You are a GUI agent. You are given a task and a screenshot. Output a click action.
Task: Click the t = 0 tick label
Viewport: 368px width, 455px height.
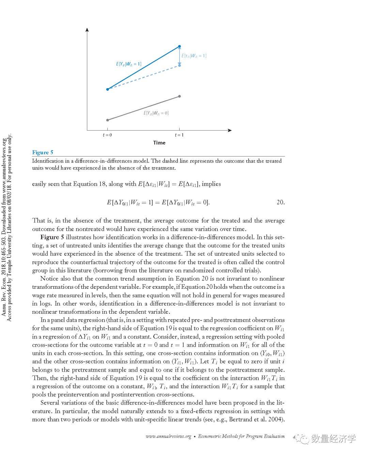click(107, 135)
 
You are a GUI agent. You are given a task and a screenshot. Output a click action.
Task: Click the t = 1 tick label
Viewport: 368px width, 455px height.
click(179, 135)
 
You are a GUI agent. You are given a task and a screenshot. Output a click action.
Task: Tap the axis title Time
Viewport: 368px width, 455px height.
click(159, 143)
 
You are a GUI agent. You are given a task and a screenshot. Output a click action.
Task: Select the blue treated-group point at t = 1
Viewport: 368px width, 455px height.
click(180, 46)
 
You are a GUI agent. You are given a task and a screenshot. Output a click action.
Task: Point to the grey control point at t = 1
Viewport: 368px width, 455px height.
click(180, 96)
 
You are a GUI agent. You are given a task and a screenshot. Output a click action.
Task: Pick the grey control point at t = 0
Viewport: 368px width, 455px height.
click(108, 120)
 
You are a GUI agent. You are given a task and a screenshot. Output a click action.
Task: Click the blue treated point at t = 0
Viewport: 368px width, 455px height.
click(108, 89)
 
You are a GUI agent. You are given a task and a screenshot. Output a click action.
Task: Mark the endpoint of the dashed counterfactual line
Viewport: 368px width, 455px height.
click(180, 65)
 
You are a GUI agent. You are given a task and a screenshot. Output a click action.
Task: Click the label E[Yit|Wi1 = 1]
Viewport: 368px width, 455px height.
click(128, 64)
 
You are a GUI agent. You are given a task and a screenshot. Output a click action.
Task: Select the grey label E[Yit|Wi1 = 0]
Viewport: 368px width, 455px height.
click(156, 113)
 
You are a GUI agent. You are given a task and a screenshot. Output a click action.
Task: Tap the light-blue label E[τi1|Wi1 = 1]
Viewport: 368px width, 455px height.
click(194, 56)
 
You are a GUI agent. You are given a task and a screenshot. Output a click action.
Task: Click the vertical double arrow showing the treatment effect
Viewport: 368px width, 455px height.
click(180, 56)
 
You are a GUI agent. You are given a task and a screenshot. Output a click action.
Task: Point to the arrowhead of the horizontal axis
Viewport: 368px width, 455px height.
click(230, 130)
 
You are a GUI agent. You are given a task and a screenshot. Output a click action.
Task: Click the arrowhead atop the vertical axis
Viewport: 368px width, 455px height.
click(87, 29)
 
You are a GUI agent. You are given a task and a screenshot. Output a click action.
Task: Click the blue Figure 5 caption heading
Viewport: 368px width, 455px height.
click(43, 152)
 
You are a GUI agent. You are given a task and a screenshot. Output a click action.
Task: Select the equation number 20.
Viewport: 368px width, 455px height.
click(280, 202)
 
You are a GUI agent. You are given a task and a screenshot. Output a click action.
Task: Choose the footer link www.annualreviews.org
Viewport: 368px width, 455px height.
click(168, 436)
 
